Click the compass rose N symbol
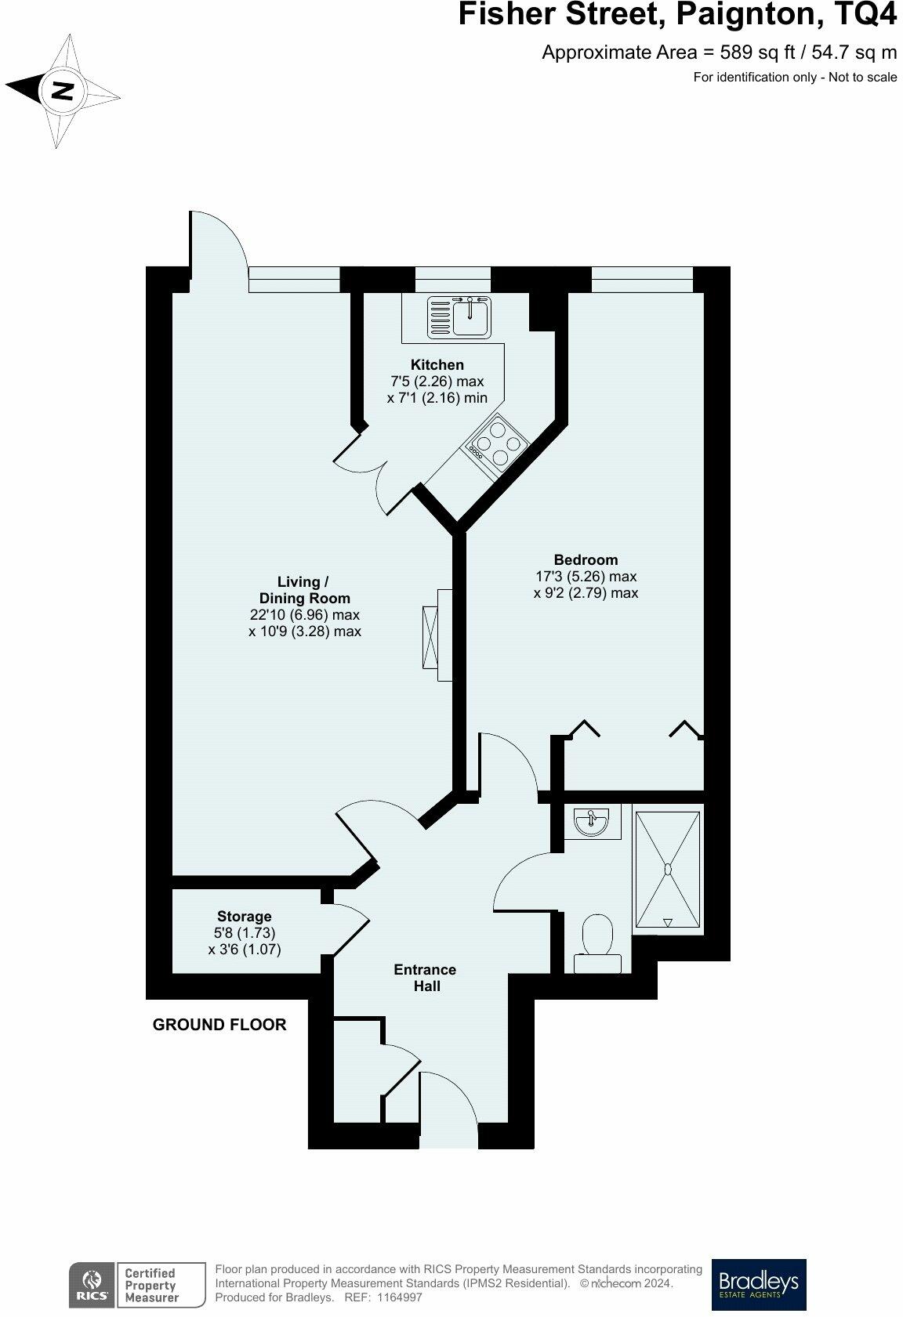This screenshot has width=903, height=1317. tap(62, 92)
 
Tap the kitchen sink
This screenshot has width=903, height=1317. tap(459, 317)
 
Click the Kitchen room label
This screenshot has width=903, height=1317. tap(437, 365)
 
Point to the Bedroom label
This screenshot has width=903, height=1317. tap(586, 560)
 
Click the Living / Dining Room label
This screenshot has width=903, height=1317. tap(304, 590)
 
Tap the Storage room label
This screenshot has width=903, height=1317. tap(245, 917)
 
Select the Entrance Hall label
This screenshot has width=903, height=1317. tap(426, 978)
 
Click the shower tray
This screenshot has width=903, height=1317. tap(667, 870)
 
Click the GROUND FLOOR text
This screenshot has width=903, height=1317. tap(219, 1025)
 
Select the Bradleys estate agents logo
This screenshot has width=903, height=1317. tap(758, 1284)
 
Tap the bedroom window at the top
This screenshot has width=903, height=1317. tap(642, 279)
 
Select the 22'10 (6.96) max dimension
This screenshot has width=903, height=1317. tap(304, 615)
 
